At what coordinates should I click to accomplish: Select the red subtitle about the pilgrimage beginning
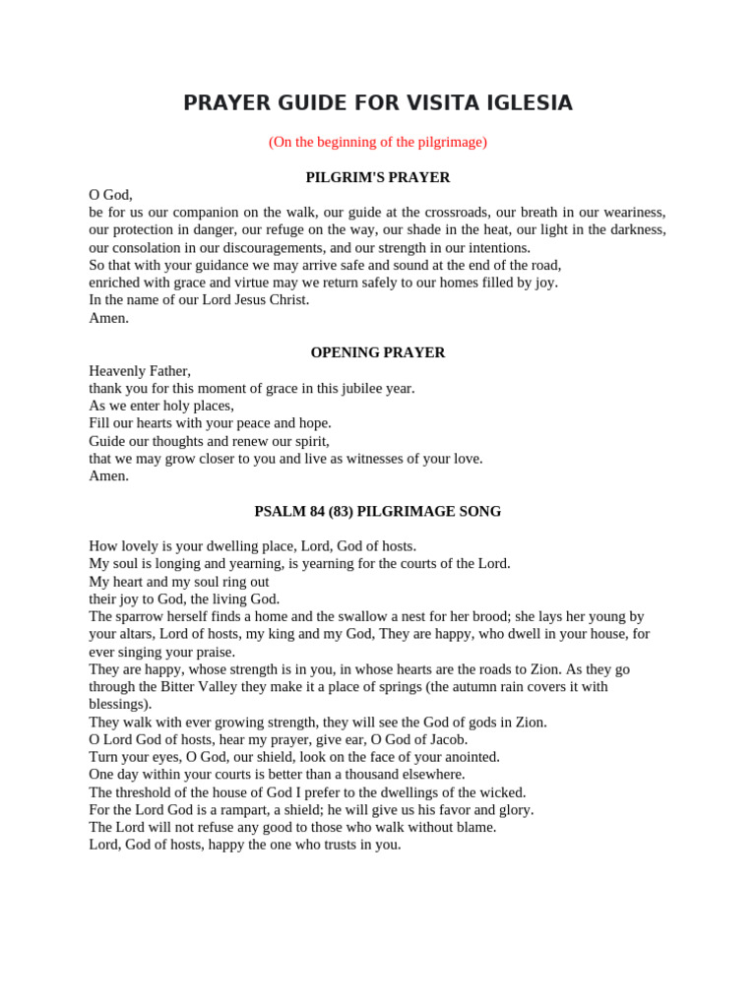coord(378,142)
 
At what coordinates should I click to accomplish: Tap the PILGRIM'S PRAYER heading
coord(378,177)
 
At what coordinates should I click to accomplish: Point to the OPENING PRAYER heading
coord(378,352)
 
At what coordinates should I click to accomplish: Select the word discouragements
coord(266,248)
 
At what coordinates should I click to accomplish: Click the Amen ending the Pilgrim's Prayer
coord(108,318)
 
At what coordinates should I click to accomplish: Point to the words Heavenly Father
coord(139,371)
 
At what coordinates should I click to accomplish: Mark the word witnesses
coord(380,459)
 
